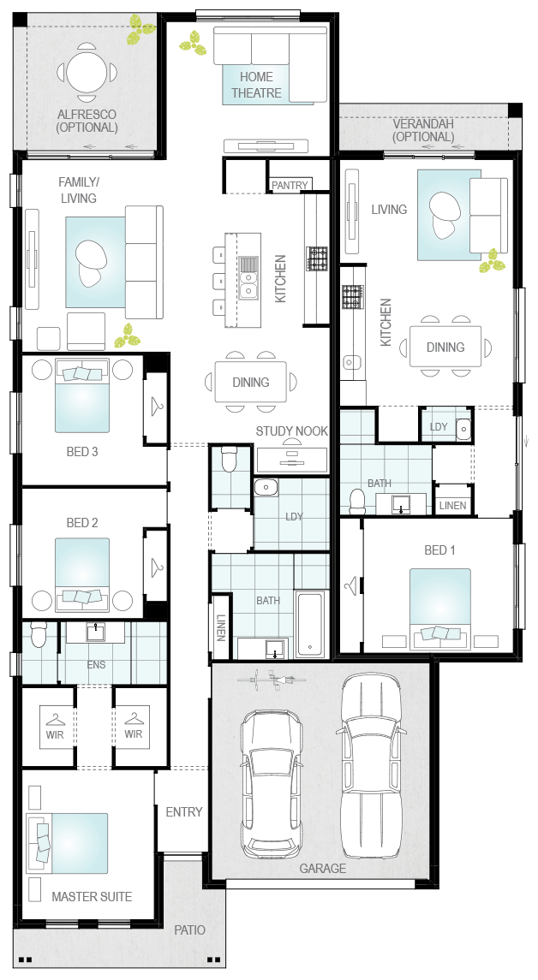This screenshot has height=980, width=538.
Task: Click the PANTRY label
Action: tap(289, 185)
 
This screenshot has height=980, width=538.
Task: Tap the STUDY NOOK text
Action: tap(291, 431)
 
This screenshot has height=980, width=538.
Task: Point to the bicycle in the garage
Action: tap(274, 682)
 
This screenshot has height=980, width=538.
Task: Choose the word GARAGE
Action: tap(323, 869)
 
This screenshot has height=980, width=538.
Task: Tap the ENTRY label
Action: tap(184, 811)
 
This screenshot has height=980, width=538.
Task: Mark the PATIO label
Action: tap(189, 930)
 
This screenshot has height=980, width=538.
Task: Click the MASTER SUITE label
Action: tap(92, 897)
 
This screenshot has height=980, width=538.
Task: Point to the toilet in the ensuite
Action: tap(38, 635)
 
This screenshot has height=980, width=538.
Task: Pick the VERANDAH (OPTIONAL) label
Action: tap(423, 130)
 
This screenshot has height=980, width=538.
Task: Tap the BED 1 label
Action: tap(439, 549)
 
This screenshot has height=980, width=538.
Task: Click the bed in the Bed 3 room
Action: tap(82, 398)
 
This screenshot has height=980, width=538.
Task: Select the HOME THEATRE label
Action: tap(256, 85)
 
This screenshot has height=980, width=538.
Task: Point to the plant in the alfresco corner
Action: tap(140, 29)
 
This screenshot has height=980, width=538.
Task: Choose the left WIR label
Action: tap(56, 734)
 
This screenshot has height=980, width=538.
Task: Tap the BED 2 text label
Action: tap(82, 522)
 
